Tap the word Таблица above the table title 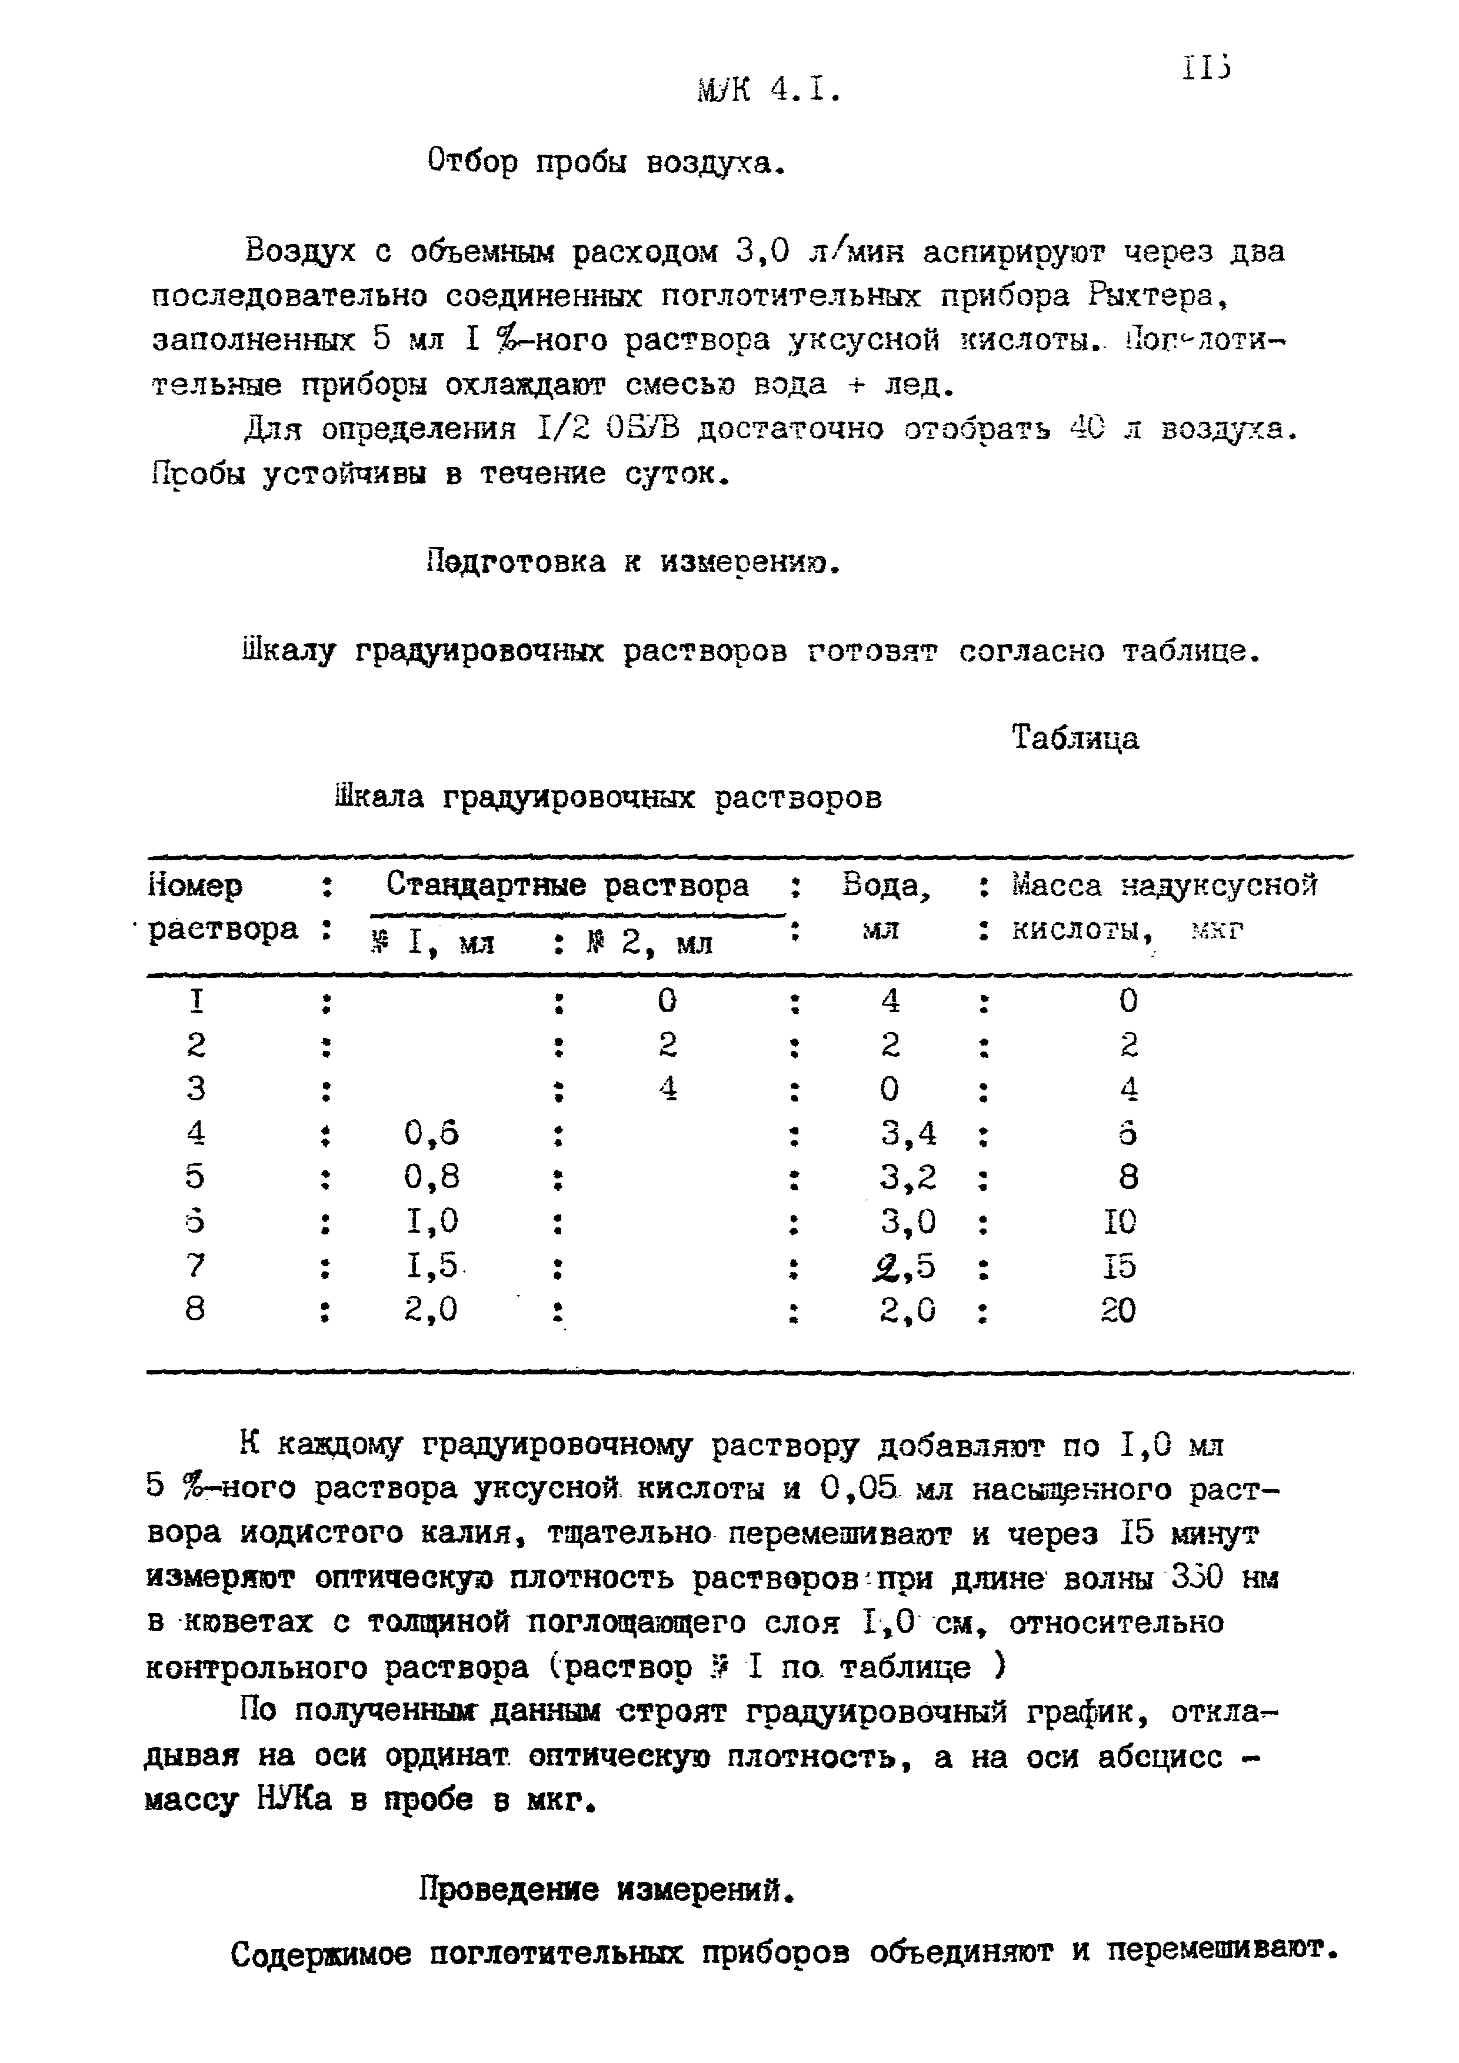click(x=1075, y=739)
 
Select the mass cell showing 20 click(x=1118, y=1311)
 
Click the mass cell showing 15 click(x=1120, y=1266)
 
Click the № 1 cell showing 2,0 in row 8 click(x=431, y=1311)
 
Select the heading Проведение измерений click(x=608, y=1891)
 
